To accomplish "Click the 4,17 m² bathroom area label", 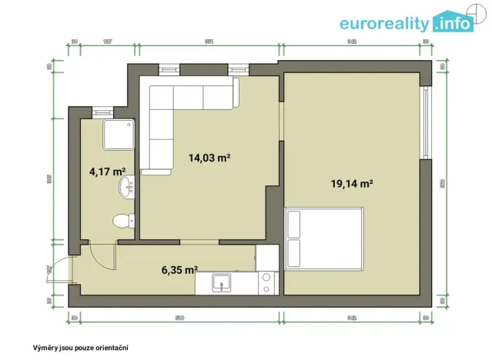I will (107, 172).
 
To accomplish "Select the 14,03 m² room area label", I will (210, 158).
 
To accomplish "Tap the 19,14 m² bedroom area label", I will (352, 183).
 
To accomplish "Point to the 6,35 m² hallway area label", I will (179, 270).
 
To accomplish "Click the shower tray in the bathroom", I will (119, 135).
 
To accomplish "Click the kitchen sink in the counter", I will (220, 282).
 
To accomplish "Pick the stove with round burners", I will (266, 283).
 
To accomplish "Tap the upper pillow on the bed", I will (293, 224).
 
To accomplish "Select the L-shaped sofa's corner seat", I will (162, 98).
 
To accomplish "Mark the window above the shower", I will (103, 112).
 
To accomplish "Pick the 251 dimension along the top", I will (208, 41).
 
